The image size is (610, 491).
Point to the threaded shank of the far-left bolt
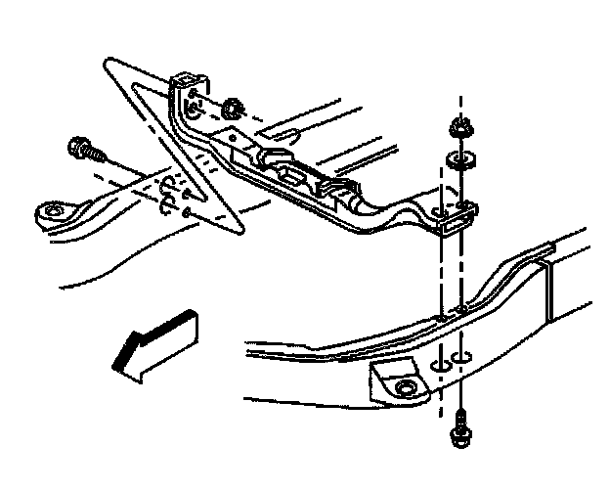[98, 156]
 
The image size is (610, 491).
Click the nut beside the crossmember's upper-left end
[233, 107]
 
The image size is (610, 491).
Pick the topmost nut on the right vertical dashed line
[457, 129]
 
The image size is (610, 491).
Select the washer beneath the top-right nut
[456, 157]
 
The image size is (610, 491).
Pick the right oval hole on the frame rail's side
[464, 356]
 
